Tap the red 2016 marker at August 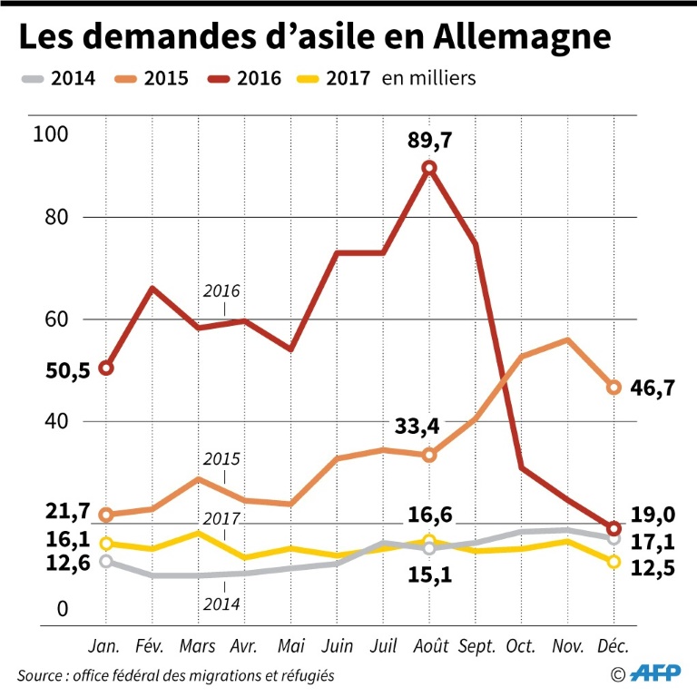coord(429,168)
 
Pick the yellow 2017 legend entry coord(332,78)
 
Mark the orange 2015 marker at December coord(614,388)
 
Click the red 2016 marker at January coord(105,368)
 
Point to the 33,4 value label coord(417,427)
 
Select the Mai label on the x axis coord(290,647)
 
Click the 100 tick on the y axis coord(50,135)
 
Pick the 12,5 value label coord(653,568)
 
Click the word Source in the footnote coord(39,676)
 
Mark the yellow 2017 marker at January coord(105,544)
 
